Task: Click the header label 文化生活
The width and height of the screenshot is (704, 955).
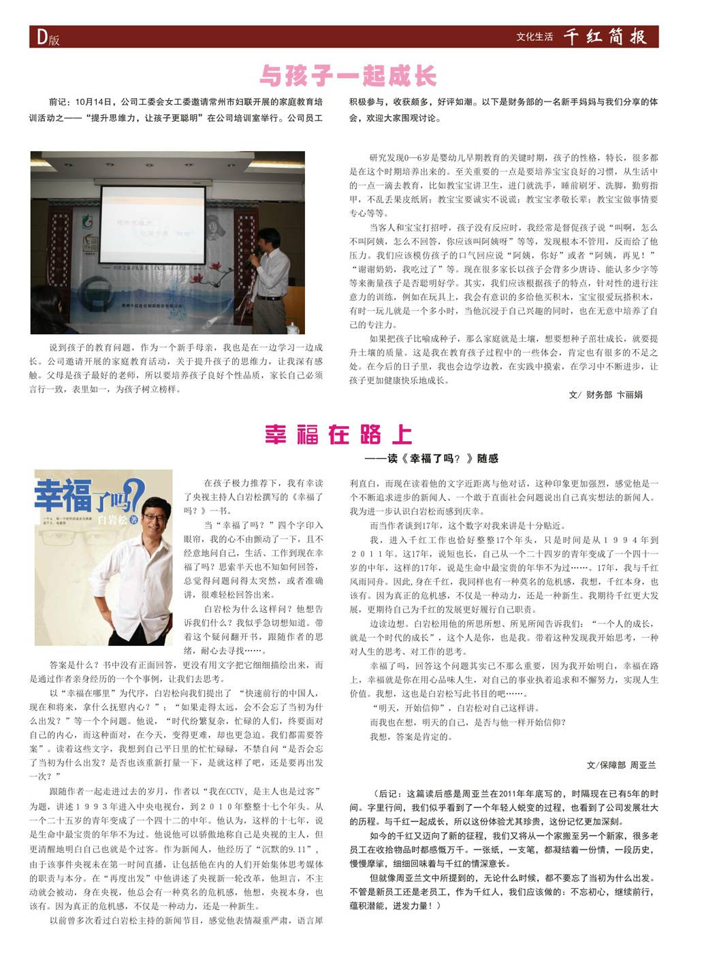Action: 534,37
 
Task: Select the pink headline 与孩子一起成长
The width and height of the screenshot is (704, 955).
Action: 348,76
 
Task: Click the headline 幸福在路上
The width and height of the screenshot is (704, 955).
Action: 338,434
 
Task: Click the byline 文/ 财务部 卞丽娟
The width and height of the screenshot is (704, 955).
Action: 605,394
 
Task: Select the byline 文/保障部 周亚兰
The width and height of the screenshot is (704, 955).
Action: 621,765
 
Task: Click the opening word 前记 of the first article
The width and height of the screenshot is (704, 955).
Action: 59,102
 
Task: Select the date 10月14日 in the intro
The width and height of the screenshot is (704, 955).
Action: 95,102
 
